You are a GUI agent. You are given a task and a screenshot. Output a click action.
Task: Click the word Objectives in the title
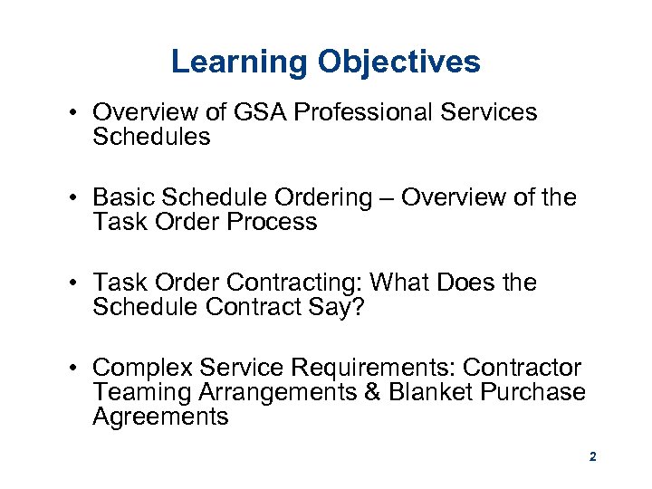[x=398, y=62]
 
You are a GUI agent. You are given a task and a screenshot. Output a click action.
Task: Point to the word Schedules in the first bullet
[x=151, y=137]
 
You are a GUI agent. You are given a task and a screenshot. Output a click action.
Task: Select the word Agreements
[x=160, y=417]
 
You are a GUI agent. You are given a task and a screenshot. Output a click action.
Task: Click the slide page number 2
[x=592, y=457]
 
